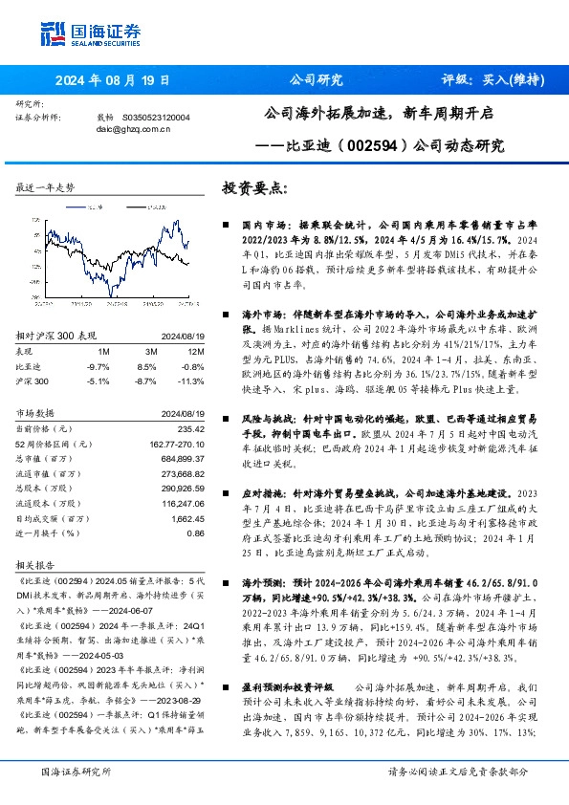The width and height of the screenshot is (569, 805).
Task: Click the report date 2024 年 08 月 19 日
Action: (106, 80)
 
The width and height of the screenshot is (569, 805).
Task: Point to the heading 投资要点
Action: (252, 189)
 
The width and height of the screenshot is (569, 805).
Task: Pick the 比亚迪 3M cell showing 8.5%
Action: (146, 366)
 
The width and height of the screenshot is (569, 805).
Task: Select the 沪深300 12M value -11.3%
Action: (192, 381)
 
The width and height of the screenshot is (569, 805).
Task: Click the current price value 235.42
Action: (191, 429)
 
